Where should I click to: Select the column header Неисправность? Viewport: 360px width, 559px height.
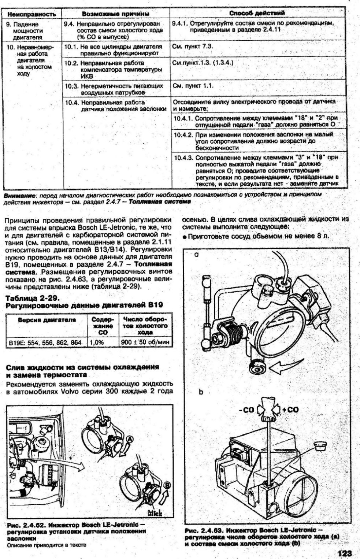(31, 14)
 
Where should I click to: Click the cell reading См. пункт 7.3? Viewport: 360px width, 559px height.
(193, 47)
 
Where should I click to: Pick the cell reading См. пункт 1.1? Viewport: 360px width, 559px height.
(193, 86)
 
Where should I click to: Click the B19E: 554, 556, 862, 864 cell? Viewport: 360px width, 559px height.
(45, 342)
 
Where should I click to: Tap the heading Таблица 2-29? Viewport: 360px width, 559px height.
(31, 297)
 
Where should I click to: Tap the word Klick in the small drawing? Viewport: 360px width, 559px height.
(155, 513)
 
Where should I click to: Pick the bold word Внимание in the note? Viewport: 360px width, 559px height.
(20, 195)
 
